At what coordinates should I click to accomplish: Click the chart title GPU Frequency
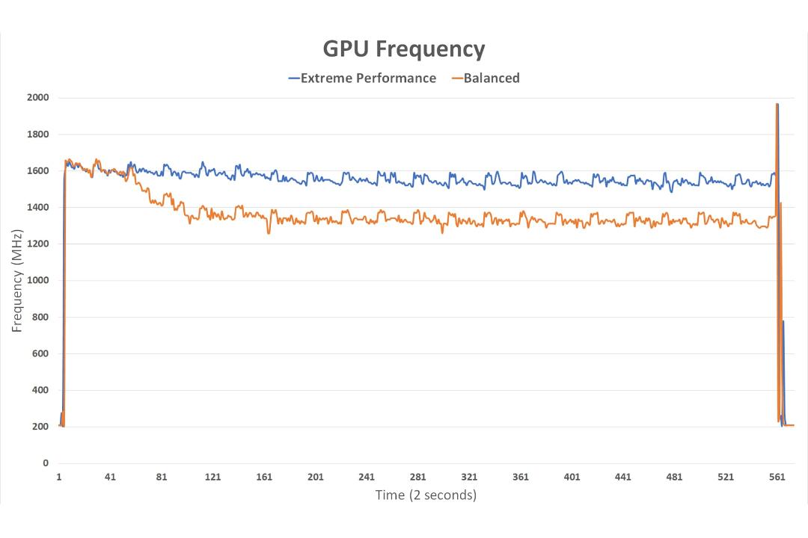[404, 49]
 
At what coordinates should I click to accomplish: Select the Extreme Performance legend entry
[362, 78]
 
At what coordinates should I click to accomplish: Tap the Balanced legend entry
[486, 78]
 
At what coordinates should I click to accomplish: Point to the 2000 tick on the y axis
[38, 98]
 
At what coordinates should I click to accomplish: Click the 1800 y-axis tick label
[38, 134]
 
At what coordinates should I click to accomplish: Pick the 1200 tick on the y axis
[38, 244]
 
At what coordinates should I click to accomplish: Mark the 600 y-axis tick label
[40, 353]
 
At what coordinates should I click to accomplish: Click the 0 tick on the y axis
[46, 463]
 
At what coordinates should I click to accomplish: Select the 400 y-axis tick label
[40, 390]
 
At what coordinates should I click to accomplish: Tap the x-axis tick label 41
[110, 477]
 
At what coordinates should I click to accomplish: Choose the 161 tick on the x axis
[264, 477]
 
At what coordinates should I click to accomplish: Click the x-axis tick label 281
[418, 477]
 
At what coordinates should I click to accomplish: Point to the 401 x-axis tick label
[572, 477]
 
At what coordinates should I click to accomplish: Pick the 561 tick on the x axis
[777, 477]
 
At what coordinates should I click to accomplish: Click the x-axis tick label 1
[59, 477]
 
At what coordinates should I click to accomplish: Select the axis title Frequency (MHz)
[17, 281]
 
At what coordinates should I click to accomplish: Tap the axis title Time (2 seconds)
[426, 495]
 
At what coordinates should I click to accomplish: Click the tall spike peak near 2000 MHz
[777, 105]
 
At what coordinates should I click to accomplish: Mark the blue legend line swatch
[294, 78]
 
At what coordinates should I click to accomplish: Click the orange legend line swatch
[457, 78]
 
